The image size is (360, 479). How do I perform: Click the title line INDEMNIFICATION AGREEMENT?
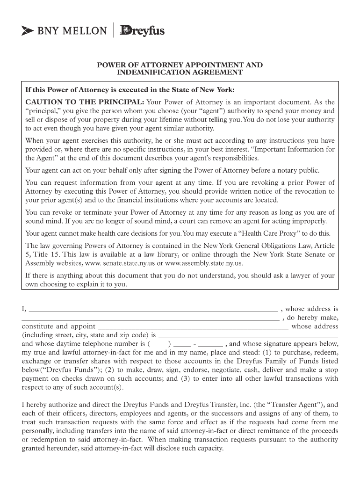point(180,73)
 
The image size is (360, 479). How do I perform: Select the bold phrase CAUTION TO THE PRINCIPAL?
point(85,102)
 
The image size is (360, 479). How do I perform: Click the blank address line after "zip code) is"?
point(248,335)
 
